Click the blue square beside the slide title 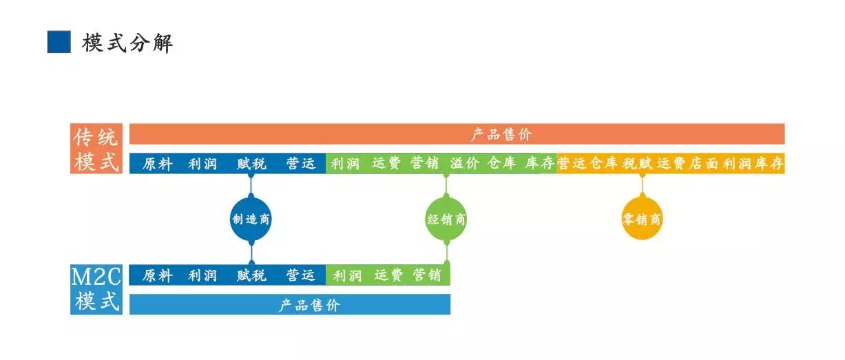[x=59, y=42]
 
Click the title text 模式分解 [x=127, y=43]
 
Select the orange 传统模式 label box [x=96, y=149]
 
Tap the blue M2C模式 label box [x=96, y=290]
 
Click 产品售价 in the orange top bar [x=501, y=134]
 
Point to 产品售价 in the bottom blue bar [x=309, y=305]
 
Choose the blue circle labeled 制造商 [x=251, y=220]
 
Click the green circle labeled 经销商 [x=446, y=220]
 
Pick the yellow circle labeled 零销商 [x=642, y=220]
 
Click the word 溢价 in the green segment [x=465, y=164]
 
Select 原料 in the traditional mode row [x=158, y=164]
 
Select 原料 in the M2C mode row [x=158, y=275]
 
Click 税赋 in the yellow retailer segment [x=637, y=164]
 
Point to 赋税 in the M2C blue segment [x=251, y=275]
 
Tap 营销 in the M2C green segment [x=427, y=275]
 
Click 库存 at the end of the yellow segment [x=769, y=164]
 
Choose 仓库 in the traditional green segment [x=502, y=164]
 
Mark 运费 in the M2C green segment [x=388, y=275]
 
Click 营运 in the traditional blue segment [x=301, y=164]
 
